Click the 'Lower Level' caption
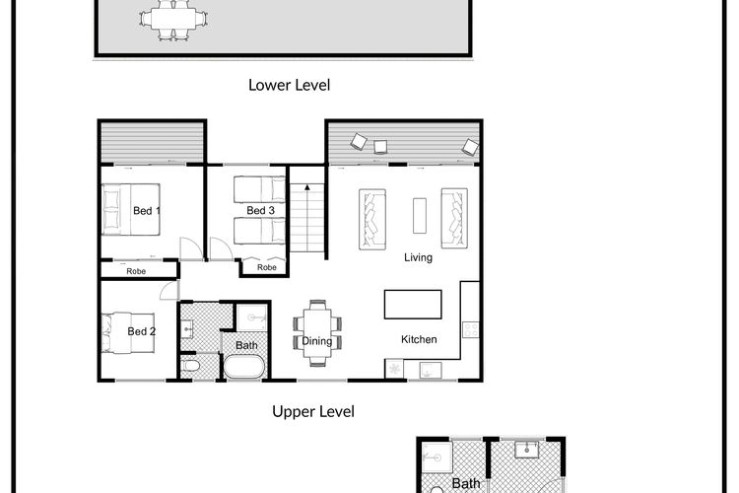coord(289,85)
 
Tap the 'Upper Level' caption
coord(313,411)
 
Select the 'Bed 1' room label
coord(147,211)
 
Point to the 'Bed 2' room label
coord(141,331)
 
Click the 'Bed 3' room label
coord(261,210)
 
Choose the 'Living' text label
coord(418,257)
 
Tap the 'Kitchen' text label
coord(419,339)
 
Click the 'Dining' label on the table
coord(316,341)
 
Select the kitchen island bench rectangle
coord(413,305)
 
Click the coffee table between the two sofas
coord(420,216)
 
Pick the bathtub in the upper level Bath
coord(243,366)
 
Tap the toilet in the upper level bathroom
coord(190,366)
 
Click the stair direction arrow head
coord(307,187)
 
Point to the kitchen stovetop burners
coord(471,329)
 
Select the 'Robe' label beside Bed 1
coord(136,271)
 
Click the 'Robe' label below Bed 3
coord(267,267)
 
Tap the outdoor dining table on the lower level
coord(173,19)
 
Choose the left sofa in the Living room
coord(372,219)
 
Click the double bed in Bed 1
coord(131,209)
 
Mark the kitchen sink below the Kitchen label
coord(431,371)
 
